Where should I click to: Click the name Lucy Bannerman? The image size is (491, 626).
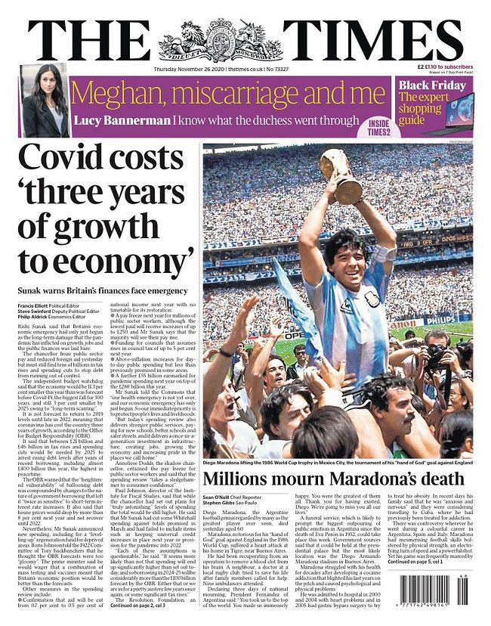pyautogui.click(x=121, y=119)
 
